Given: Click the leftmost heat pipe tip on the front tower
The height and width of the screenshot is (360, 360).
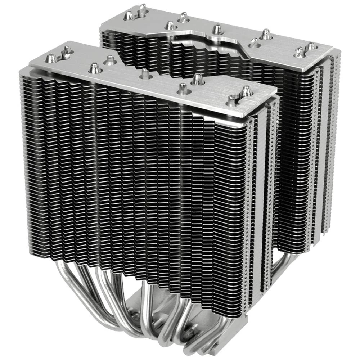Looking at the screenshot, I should pyautogui.click(x=51, y=58).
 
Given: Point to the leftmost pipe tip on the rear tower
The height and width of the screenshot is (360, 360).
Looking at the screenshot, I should pyautogui.click(x=129, y=15).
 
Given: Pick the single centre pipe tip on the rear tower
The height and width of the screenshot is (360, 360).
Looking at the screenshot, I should pyautogui.click(x=217, y=29).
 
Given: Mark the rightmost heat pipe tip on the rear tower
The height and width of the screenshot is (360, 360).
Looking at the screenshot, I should pyautogui.click(x=310, y=47).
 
